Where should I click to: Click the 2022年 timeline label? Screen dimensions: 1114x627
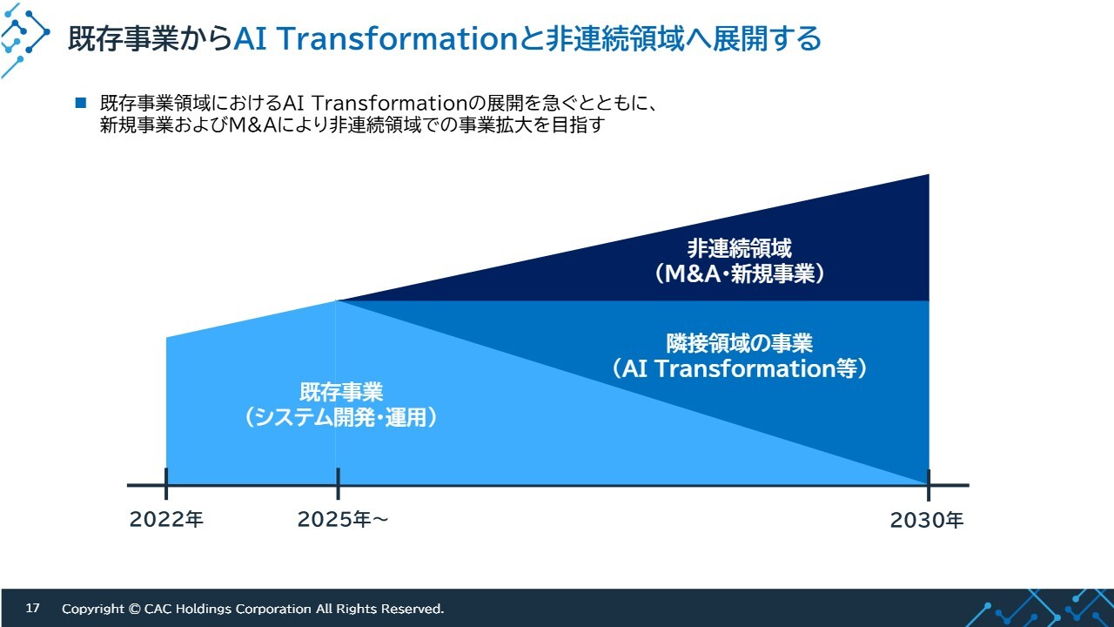tap(166, 520)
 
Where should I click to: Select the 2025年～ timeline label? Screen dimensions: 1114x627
tap(343, 520)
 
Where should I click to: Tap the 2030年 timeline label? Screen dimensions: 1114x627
tap(927, 520)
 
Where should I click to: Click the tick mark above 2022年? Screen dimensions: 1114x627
tap(166, 483)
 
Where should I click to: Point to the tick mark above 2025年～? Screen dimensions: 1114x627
tap(339, 483)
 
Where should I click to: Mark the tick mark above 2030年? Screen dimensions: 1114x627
tap(929, 485)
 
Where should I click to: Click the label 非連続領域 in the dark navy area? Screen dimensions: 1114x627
tap(739, 248)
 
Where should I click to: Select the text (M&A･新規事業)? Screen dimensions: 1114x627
tap(739, 273)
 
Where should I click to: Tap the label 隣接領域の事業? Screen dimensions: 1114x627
tap(739, 343)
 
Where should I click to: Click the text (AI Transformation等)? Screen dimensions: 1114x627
tap(739, 368)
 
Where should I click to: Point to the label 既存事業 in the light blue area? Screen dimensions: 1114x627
tap(341, 392)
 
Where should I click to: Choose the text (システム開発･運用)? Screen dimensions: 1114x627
tap(341, 417)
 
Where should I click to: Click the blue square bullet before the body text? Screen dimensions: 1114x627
tap(81, 103)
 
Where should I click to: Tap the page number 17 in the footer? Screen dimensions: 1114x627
tap(32, 608)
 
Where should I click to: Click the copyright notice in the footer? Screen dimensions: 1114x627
tap(252, 609)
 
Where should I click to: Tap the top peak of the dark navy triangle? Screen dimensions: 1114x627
tap(929, 175)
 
